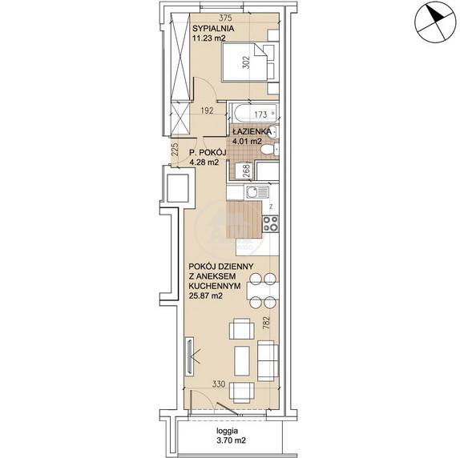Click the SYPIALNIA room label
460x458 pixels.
[x=213, y=29]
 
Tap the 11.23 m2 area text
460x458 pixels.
[x=208, y=38]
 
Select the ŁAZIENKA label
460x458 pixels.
[x=252, y=131]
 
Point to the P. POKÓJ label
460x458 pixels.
[x=208, y=152]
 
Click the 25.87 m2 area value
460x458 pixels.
[x=205, y=295]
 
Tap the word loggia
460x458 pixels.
[x=227, y=431]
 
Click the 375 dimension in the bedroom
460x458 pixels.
[x=225, y=18]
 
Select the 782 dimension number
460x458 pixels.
[x=266, y=322]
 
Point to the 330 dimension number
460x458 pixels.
[x=219, y=384]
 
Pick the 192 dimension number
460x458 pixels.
[x=207, y=110]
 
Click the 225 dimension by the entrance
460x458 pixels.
[x=174, y=150]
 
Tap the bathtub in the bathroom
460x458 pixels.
[x=255, y=113]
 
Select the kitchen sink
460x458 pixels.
[x=257, y=192]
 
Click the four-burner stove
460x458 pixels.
[x=271, y=223]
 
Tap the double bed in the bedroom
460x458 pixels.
[x=250, y=62]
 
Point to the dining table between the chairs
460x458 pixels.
[x=262, y=291]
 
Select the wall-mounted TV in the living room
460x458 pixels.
[x=190, y=356]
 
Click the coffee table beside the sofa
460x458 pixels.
[x=242, y=361]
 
